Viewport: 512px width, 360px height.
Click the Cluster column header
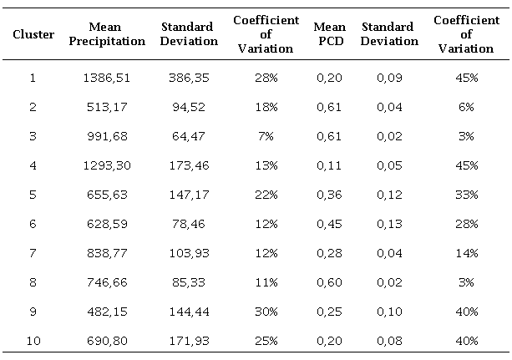point(33,34)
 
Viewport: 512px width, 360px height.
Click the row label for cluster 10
point(33,341)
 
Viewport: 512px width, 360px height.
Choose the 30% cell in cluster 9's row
point(267,312)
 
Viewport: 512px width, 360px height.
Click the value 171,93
point(186,341)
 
